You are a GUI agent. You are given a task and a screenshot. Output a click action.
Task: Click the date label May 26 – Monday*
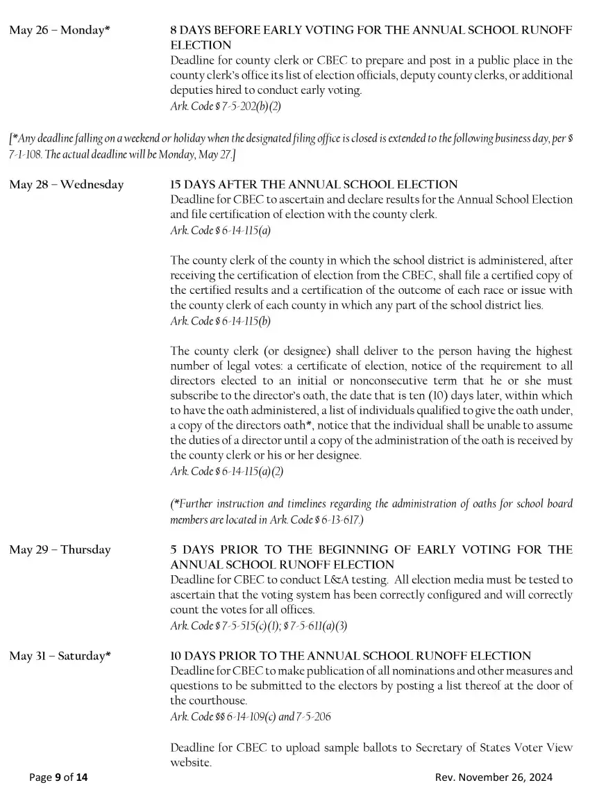pyautogui.click(x=60, y=31)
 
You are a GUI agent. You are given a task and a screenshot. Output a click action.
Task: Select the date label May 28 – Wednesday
pyautogui.click(x=67, y=185)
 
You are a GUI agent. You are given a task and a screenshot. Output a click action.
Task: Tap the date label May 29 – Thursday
pyautogui.click(x=60, y=550)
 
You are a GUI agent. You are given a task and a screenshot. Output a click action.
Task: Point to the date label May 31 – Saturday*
pyautogui.click(x=60, y=656)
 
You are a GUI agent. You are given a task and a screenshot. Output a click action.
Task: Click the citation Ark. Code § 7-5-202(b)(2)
pyautogui.click(x=225, y=106)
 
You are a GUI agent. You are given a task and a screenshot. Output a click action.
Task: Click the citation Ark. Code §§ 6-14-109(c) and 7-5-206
pyautogui.click(x=250, y=716)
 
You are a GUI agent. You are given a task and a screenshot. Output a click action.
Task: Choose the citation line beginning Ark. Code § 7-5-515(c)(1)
pyautogui.click(x=258, y=625)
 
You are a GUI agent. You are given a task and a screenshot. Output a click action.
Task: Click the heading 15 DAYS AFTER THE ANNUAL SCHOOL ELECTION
pyautogui.click(x=314, y=185)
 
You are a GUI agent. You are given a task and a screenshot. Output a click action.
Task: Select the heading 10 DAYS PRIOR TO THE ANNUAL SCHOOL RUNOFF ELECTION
pyautogui.click(x=351, y=656)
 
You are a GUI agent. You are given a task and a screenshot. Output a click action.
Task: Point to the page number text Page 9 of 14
pyautogui.click(x=58, y=777)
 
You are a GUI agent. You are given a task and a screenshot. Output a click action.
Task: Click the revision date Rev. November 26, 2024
pyautogui.click(x=494, y=777)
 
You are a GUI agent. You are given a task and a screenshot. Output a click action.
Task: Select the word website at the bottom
pyautogui.click(x=190, y=763)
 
